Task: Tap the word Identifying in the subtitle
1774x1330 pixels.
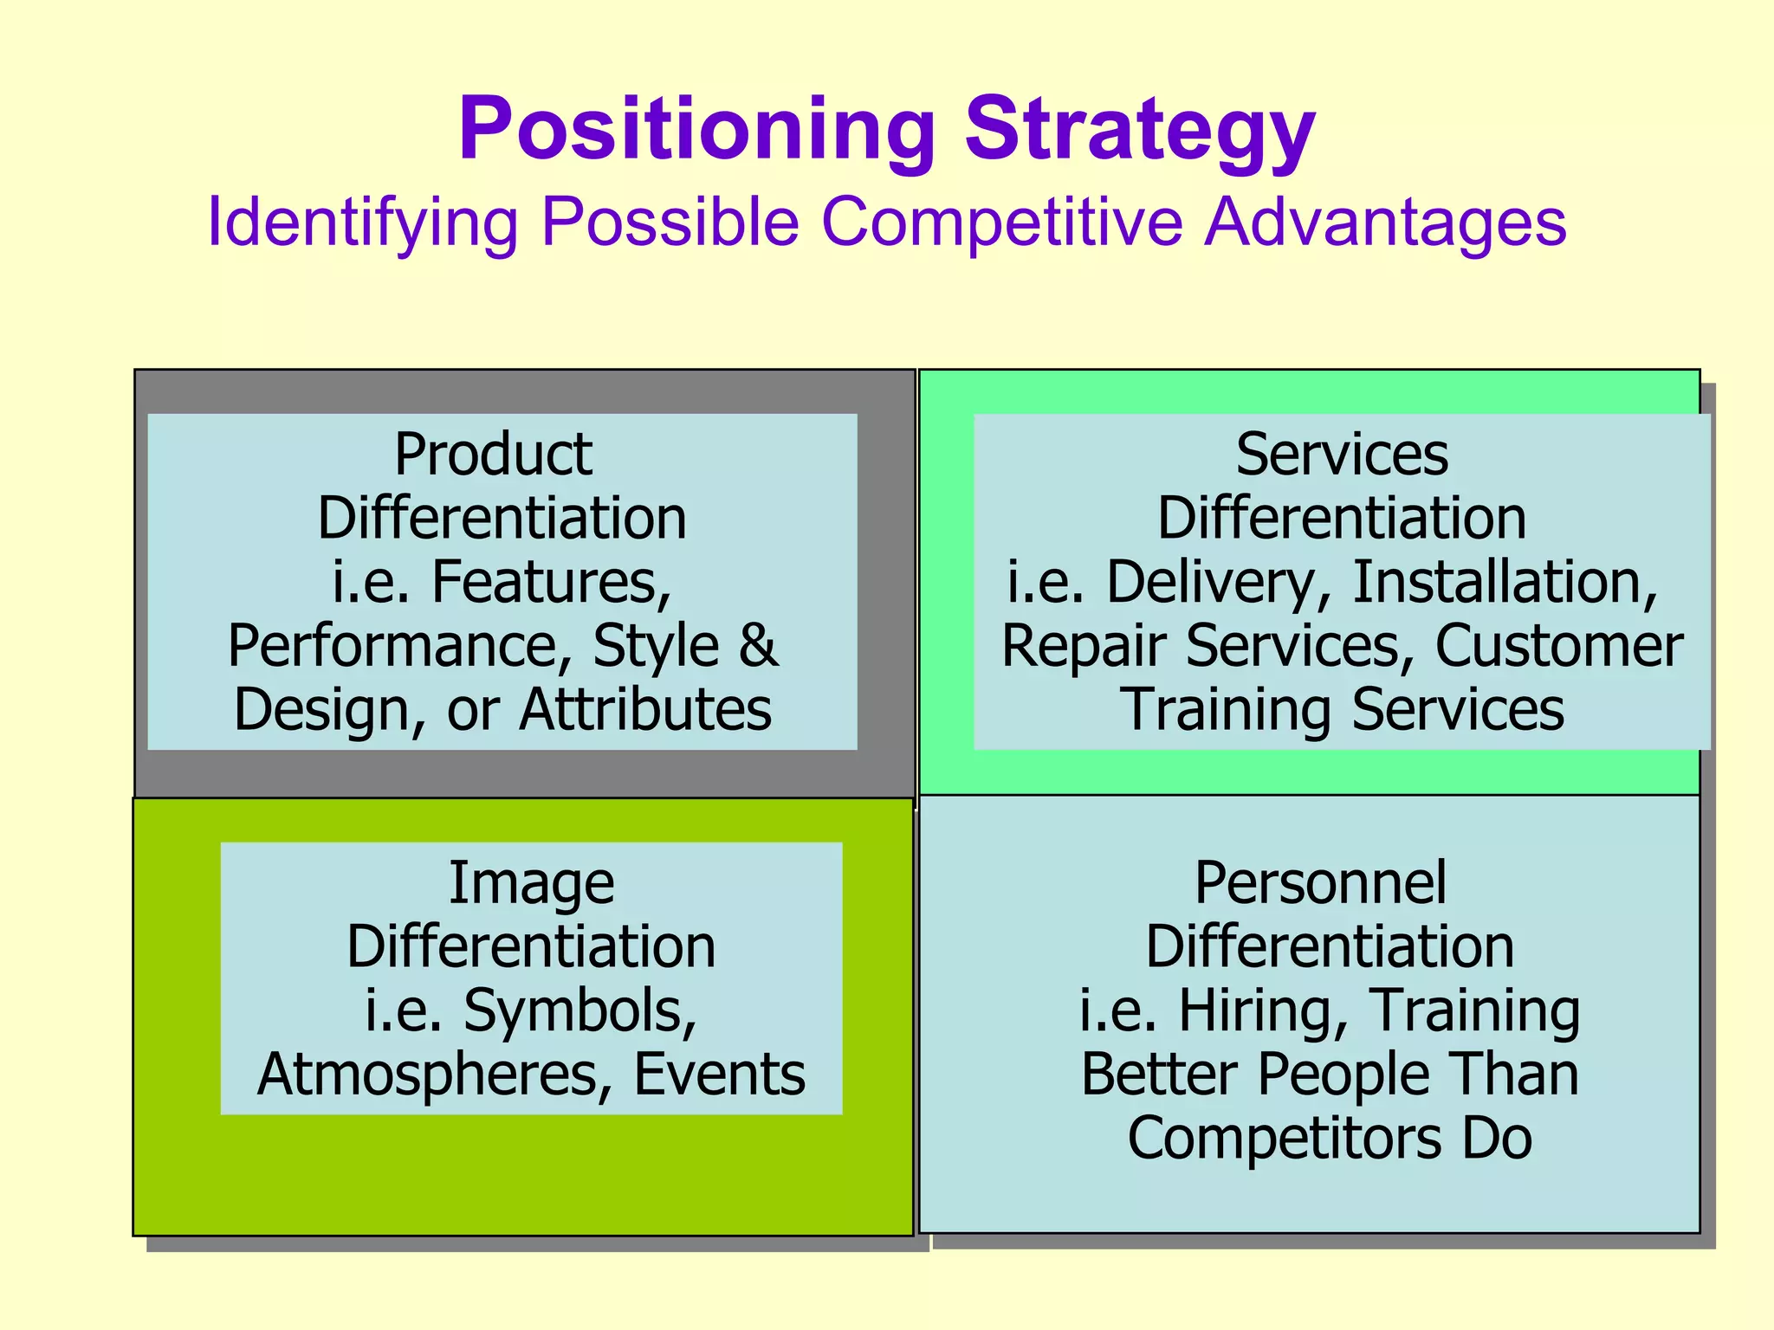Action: point(362,223)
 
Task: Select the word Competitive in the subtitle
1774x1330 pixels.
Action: point(1001,223)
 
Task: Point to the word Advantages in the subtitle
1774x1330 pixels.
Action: point(1386,223)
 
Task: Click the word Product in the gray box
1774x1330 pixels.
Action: point(493,455)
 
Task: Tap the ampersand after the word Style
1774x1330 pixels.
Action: point(758,645)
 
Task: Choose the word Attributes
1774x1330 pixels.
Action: point(645,709)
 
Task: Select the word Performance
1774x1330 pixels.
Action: point(393,645)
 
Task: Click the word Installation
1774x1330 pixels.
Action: point(1505,582)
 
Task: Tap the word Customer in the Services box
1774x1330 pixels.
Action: point(1559,645)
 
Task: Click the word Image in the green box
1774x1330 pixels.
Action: point(531,883)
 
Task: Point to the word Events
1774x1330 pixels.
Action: point(719,1075)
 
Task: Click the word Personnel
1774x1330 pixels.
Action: point(1320,883)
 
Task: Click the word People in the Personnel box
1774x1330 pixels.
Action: point(1343,1075)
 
